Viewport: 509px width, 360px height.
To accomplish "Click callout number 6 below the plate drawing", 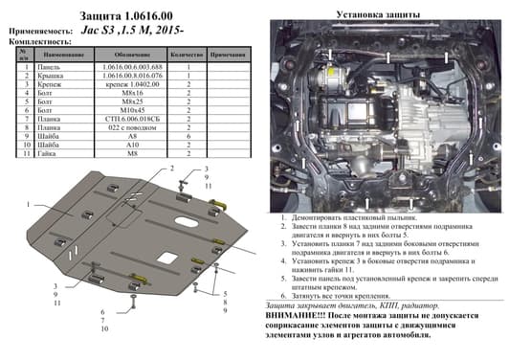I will click(x=104, y=310).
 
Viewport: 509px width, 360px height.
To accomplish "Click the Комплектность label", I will click(x=38, y=44).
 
